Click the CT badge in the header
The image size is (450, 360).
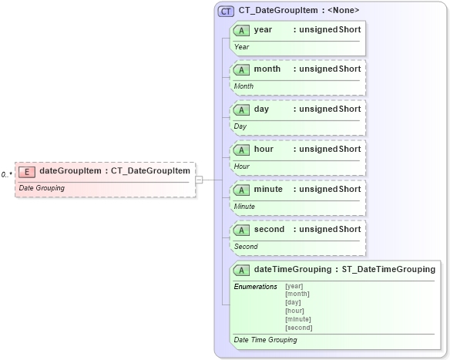(x=227, y=12)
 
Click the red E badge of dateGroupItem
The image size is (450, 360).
(x=27, y=171)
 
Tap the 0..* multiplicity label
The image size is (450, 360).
(x=6, y=175)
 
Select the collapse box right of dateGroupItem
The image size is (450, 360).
(x=199, y=180)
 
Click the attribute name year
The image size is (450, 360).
(x=263, y=29)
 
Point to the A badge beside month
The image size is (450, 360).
(x=242, y=69)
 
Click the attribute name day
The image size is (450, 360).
(x=261, y=109)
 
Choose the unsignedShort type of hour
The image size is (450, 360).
(x=330, y=149)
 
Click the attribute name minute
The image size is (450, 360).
(x=268, y=189)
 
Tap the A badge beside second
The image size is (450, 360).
(x=242, y=229)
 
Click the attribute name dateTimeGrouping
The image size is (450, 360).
(x=293, y=269)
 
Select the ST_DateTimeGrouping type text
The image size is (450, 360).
(x=388, y=269)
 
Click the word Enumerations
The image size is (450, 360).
(x=255, y=287)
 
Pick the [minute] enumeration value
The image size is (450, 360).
(x=298, y=319)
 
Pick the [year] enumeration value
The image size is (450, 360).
(x=294, y=287)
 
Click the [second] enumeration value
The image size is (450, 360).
(x=299, y=328)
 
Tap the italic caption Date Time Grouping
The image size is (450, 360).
(x=265, y=340)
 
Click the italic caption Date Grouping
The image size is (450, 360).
(x=42, y=188)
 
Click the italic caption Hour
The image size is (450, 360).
(x=242, y=167)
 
